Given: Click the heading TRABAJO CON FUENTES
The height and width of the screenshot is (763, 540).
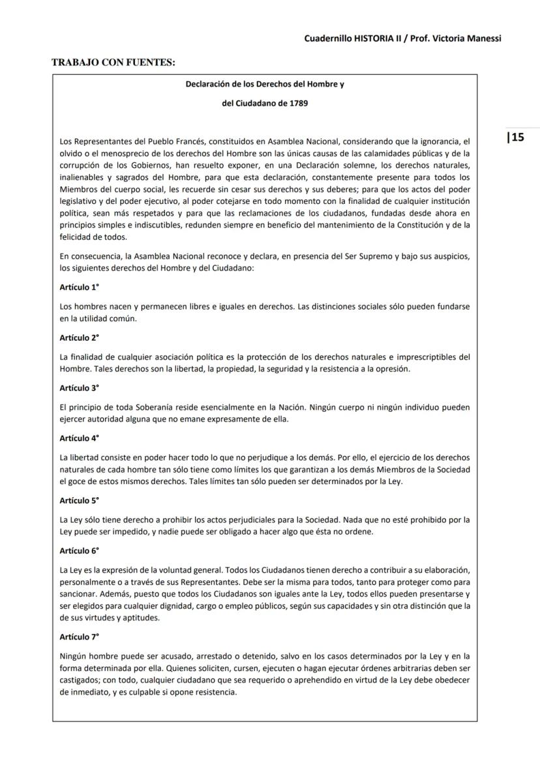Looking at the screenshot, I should [x=113, y=63].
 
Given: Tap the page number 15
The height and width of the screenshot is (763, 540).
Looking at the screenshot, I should [x=515, y=137].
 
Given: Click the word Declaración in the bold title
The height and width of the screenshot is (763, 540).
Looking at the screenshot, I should [x=209, y=85].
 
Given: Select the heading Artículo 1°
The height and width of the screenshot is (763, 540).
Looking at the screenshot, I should [x=79, y=287].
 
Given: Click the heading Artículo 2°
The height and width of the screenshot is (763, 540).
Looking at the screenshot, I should [x=79, y=338].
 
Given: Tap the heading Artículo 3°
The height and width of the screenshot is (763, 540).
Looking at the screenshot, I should [x=79, y=388].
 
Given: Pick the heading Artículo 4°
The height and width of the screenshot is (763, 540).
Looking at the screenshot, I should [x=79, y=438].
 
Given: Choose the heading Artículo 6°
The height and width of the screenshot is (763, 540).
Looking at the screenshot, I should [x=79, y=551].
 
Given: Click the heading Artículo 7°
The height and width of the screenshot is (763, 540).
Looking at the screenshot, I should [x=79, y=637].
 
